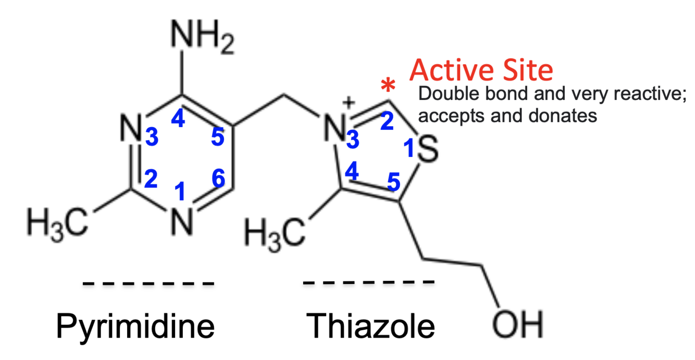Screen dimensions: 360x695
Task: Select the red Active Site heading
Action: click(481, 70)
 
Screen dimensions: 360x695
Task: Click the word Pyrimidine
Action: click(135, 327)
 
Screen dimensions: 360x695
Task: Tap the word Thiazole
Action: click(371, 327)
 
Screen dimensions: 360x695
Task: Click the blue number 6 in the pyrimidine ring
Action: click(218, 179)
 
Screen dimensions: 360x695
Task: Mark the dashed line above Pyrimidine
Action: click(148, 284)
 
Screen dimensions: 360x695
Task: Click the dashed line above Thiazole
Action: click(369, 283)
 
